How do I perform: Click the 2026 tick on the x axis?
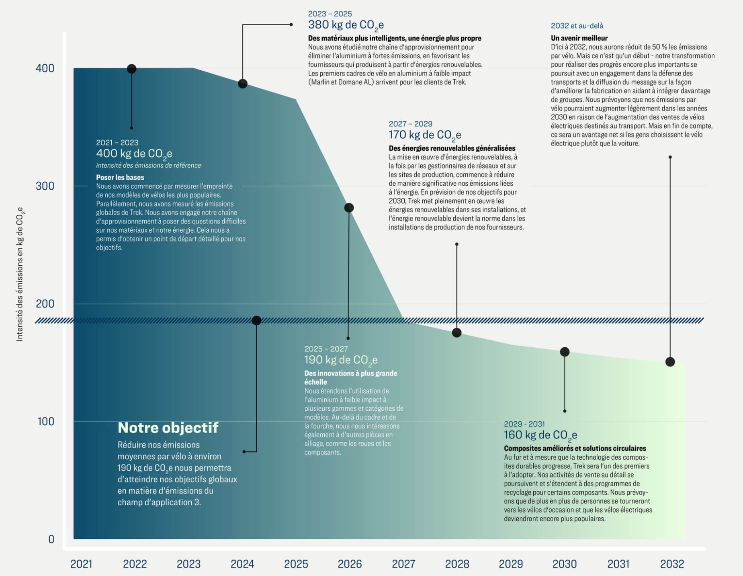pos(350,564)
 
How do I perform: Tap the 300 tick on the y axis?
pos(45,186)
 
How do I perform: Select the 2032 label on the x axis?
pos(672,564)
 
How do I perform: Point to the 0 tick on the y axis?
pos(51,539)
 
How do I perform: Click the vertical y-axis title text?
pos(20,274)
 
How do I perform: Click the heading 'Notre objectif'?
pos(168,428)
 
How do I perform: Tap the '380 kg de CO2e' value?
pos(346,25)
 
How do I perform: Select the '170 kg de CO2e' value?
pos(425,135)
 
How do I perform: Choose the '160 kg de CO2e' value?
pos(540,435)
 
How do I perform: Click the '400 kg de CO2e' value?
pos(134,154)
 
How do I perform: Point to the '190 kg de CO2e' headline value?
pos(341,360)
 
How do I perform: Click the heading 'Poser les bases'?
pos(120,177)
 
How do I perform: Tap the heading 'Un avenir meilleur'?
pos(579,38)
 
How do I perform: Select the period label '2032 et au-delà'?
pos(577,26)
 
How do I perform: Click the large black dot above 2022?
pos(131,69)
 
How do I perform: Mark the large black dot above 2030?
pos(565,352)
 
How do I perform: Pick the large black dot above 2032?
pos(670,362)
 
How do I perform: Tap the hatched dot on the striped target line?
pos(256,320)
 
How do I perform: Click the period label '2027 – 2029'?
pos(410,124)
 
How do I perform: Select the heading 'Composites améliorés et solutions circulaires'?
pos(575,448)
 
